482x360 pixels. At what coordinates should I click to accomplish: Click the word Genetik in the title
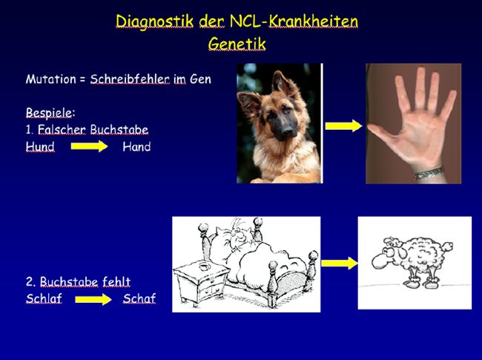pos(237,44)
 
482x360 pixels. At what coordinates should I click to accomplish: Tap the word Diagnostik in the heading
pos(155,22)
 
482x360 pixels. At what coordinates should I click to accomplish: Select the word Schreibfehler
pos(130,79)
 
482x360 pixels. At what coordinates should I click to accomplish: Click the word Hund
pos(40,146)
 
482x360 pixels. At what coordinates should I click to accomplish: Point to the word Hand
pos(136,147)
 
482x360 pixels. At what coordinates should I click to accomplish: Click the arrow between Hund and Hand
pos(89,146)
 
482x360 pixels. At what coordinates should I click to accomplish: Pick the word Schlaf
pos(44,298)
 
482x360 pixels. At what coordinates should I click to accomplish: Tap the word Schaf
pos(139,298)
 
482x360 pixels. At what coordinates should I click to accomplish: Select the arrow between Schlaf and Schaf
pos(93,299)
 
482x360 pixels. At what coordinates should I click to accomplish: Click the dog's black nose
pos(288,131)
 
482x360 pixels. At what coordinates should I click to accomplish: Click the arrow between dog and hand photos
pos(344,126)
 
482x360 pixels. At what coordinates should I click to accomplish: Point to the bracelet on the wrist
pos(429,173)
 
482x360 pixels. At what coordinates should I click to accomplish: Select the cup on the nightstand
pos(204,266)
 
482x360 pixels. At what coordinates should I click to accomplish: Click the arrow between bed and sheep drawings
pos(340,263)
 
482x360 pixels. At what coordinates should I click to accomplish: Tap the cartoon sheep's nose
pos(379,262)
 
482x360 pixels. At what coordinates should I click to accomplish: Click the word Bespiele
pos(49,113)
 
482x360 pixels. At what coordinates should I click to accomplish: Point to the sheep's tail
pos(447,246)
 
